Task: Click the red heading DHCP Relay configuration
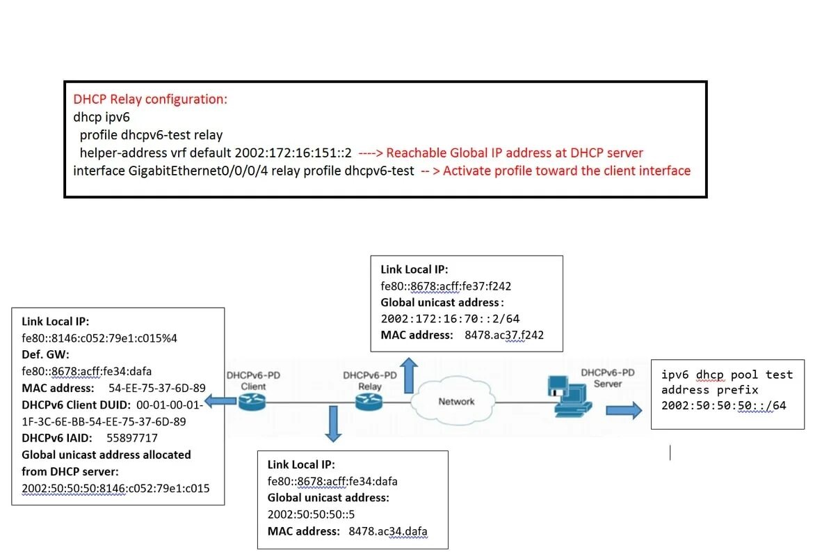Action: click(150, 99)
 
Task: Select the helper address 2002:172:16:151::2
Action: click(293, 152)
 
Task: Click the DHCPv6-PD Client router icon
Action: click(248, 402)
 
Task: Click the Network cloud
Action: click(456, 402)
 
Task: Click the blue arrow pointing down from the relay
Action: click(334, 424)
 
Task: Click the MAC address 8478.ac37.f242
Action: click(503, 335)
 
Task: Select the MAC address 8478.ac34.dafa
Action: click(387, 532)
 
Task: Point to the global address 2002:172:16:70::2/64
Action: click(450, 319)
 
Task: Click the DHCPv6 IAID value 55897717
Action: click(132, 438)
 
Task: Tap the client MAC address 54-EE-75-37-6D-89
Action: click(157, 388)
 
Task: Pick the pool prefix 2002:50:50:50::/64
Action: click(723, 405)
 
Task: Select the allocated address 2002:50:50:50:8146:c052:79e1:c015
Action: click(115, 488)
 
